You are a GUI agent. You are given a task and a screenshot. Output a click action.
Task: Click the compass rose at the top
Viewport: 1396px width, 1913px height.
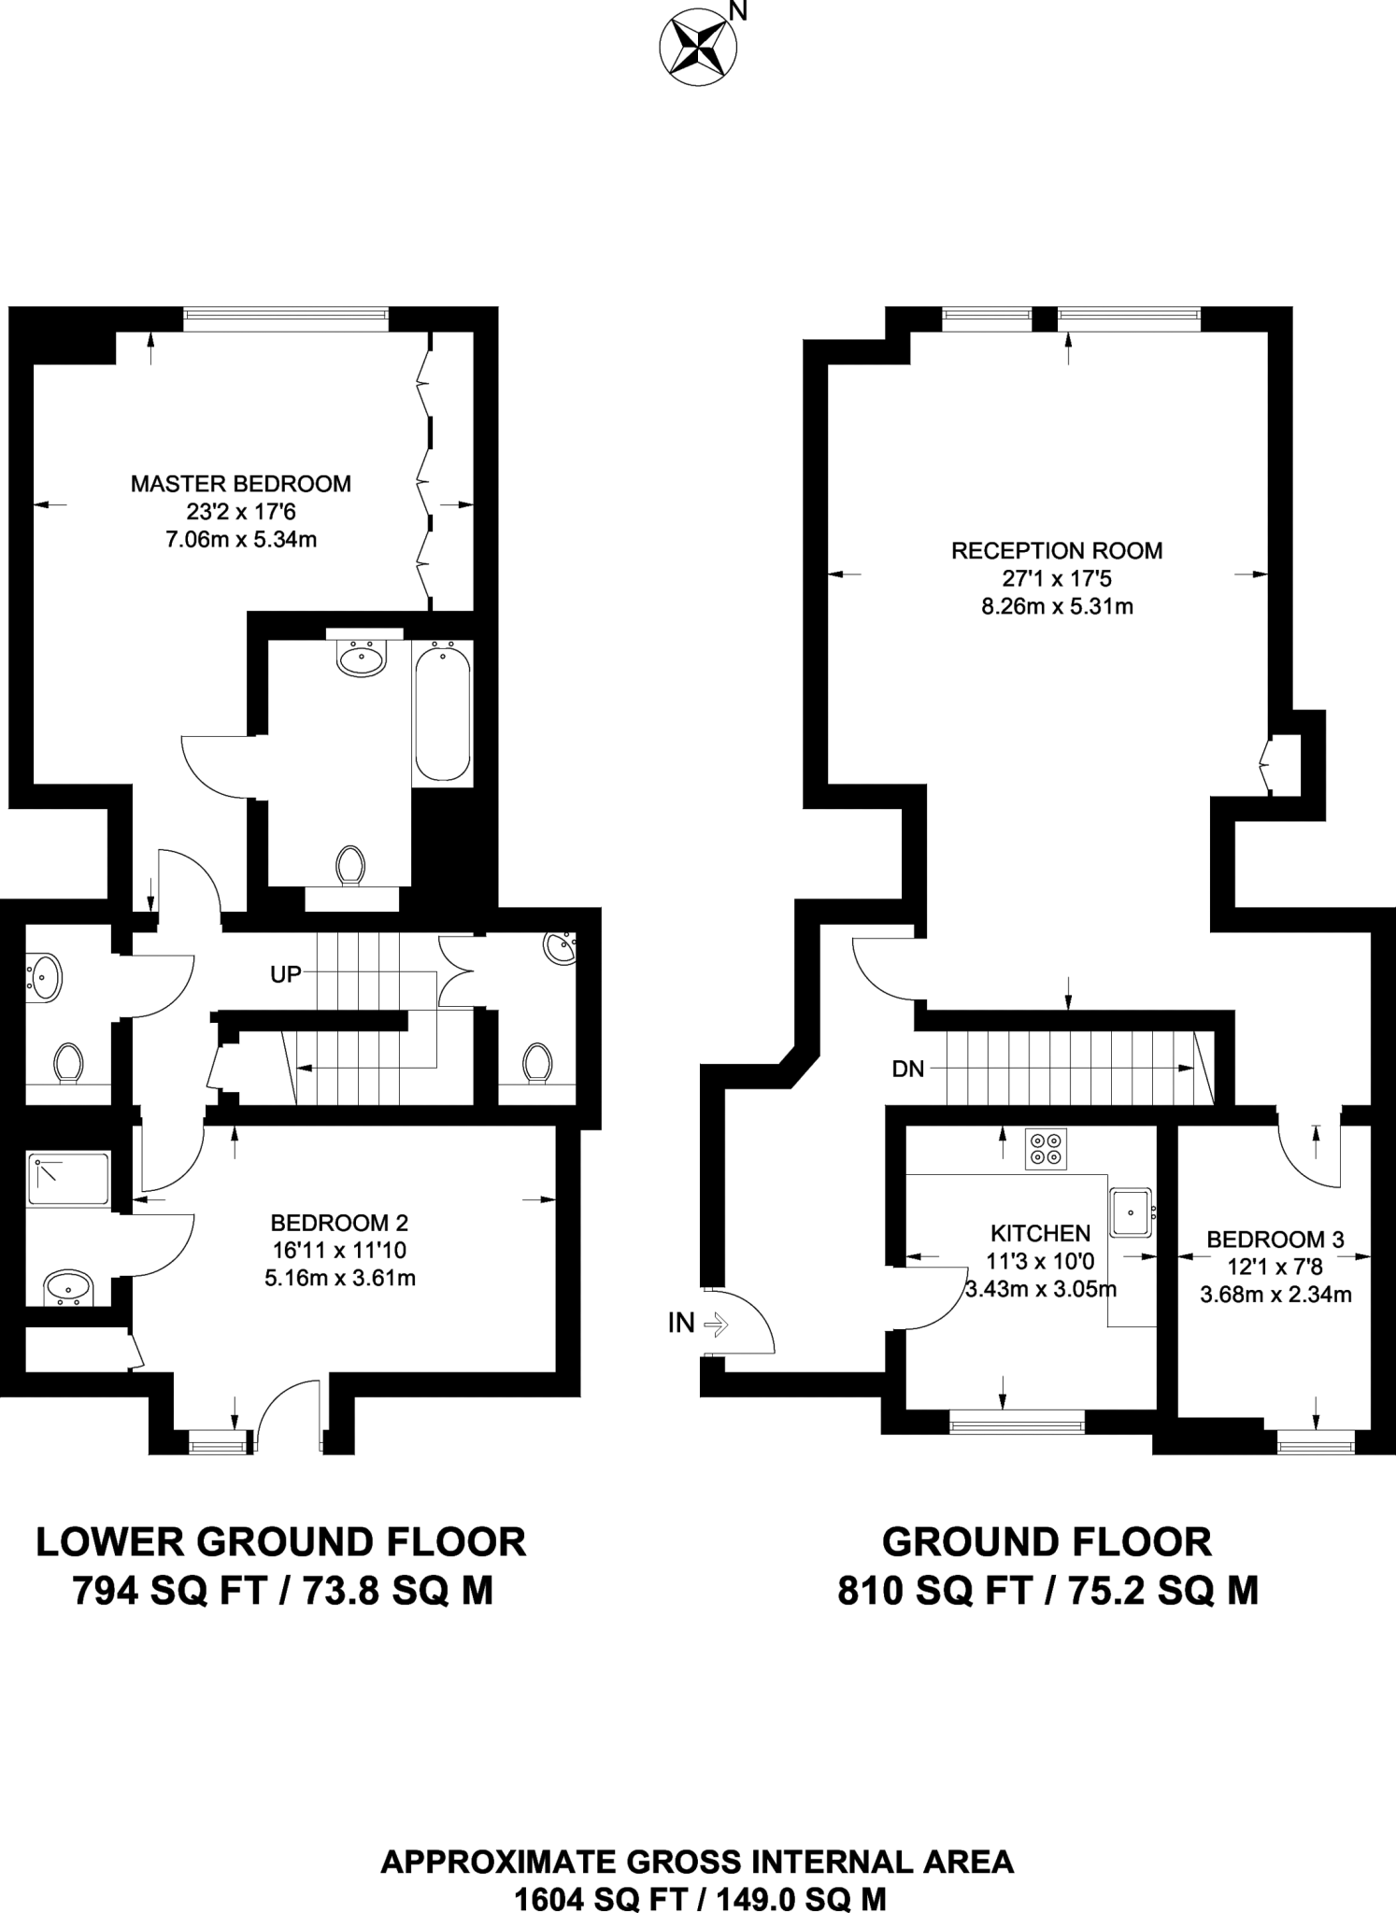[697, 50]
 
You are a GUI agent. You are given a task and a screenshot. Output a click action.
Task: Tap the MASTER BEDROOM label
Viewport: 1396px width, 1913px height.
[241, 484]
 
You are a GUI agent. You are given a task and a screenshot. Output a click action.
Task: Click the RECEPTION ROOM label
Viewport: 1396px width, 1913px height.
[1057, 551]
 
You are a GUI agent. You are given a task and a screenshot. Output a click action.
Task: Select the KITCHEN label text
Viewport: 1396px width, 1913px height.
[1040, 1234]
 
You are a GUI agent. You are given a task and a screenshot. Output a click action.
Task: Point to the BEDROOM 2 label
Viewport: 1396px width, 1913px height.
[339, 1223]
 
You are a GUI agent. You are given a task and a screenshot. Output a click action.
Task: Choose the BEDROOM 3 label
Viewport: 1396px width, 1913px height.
[1275, 1240]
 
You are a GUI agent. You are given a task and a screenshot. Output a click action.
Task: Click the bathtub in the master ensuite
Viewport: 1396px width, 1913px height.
[442, 710]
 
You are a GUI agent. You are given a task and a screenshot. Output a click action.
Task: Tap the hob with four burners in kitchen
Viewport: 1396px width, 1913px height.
[1046, 1149]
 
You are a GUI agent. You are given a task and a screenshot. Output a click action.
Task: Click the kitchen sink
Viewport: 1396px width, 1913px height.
[1132, 1212]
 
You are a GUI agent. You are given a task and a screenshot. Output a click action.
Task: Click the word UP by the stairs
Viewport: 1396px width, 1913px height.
[286, 974]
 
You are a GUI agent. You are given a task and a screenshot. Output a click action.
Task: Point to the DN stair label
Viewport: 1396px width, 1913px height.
[907, 1070]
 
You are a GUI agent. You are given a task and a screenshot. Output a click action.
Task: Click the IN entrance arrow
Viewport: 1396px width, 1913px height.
[716, 1323]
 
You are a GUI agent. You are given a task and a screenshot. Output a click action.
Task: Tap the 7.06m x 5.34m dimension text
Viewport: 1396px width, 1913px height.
[241, 539]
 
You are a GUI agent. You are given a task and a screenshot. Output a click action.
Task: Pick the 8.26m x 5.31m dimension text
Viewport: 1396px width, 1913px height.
[1057, 606]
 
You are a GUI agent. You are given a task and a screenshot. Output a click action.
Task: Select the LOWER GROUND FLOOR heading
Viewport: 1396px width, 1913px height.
[281, 1542]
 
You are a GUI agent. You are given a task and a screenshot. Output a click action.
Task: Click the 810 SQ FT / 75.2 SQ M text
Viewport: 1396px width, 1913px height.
[1047, 1591]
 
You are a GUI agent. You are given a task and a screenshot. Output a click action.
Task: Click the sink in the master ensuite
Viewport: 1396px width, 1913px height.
[362, 659]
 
